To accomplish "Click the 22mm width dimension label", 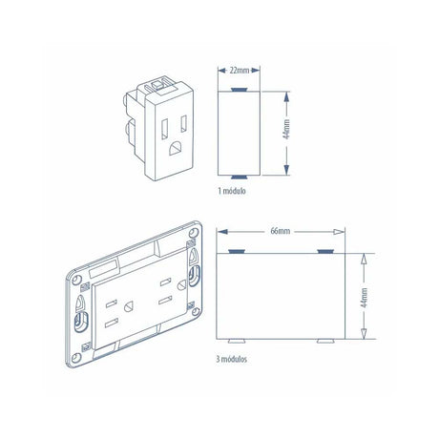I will click(240, 71).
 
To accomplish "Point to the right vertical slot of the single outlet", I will click(181, 124).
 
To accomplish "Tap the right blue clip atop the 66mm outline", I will click(324, 250).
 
